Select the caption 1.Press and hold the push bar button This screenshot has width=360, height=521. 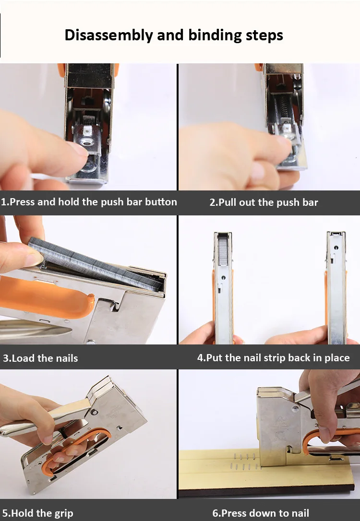click(x=89, y=202)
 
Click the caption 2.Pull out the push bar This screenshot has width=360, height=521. click(x=264, y=202)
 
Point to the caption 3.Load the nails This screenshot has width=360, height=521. click(x=40, y=358)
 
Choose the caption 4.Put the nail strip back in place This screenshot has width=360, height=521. click(x=273, y=358)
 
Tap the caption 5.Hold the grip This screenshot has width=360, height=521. click(x=37, y=513)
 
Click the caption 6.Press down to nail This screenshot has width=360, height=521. click(x=261, y=513)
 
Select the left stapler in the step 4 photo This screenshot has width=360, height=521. click(x=223, y=288)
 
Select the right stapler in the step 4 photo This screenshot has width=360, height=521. click(x=336, y=288)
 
